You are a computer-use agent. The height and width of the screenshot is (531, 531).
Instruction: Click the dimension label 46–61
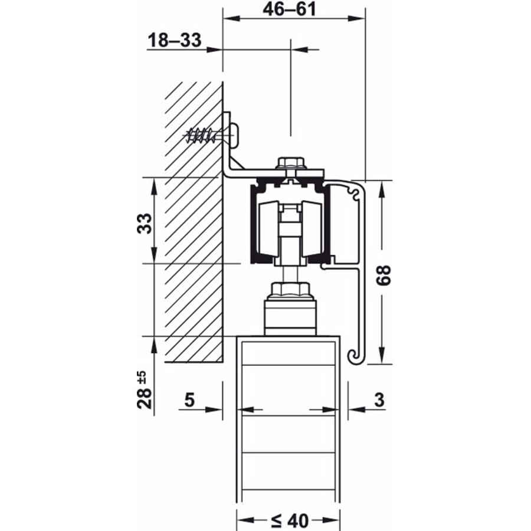289,9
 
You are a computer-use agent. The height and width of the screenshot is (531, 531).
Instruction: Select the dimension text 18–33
175,40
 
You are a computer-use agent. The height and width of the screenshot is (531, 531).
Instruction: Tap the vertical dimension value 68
384,276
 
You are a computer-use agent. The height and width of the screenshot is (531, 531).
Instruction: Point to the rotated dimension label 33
145,223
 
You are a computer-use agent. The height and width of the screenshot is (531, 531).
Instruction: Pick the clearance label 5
189,399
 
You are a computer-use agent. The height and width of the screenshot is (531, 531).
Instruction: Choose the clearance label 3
379,399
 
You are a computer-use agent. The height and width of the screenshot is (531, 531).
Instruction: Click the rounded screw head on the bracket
235,135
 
